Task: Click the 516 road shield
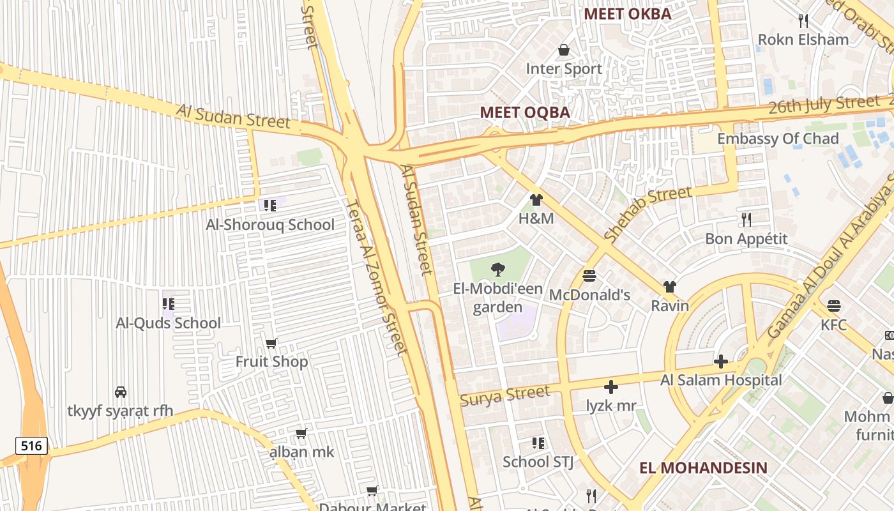pos(31,445)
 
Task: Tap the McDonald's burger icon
pos(589,276)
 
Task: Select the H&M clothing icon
pos(536,200)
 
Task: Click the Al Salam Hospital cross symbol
pos(720,362)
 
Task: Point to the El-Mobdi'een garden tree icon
pos(498,270)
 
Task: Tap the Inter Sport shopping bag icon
pos(563,49)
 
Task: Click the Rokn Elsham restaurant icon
pos(803,20)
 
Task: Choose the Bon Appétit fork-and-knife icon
pos(746,219)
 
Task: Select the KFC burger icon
pos(833,305)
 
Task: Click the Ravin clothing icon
pos(669,286)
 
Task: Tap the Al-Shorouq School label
pos(269,225)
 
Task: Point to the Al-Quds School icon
pos(168,303)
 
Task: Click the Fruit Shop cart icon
pos(271,343)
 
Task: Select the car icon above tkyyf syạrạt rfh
pos(120,392)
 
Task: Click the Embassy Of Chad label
pos(777,139)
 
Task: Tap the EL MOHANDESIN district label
pos(703,468)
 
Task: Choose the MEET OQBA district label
pos(524,112)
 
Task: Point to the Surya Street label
pos(504,395)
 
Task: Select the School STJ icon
pos(538,443)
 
